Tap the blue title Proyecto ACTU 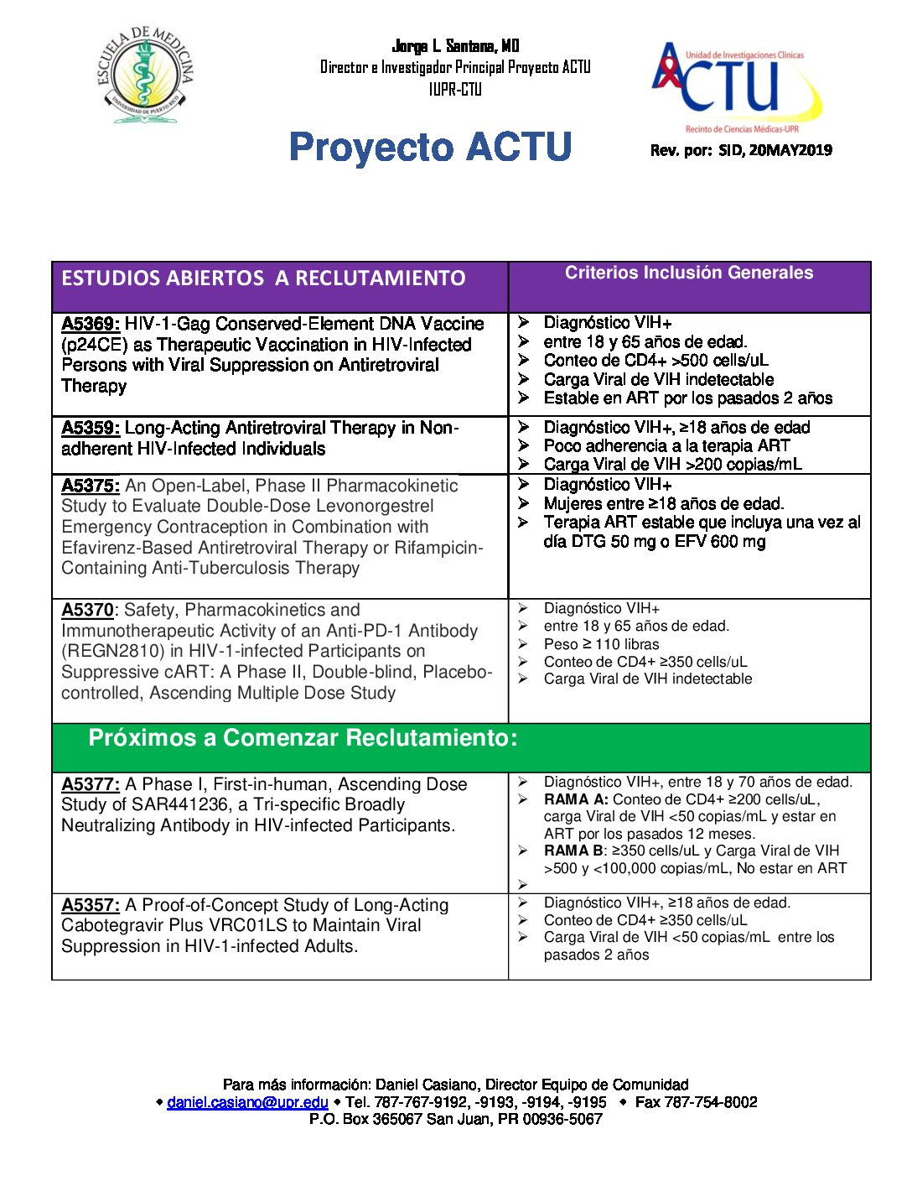point(430,148)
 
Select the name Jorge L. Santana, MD point(455,46)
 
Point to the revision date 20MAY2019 point(790,151)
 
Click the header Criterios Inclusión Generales point(688,273)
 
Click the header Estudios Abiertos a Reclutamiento point(263,278)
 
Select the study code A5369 point(91,324)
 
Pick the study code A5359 point(91,428)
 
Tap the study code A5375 point(91,486)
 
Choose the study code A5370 point(87,610)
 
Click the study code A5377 point(91,784)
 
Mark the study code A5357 point(91,905)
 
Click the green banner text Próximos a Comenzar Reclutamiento point(303,738)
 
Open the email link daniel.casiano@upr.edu point(247,1102)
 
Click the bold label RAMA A point(577,799)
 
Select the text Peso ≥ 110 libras point(601,644)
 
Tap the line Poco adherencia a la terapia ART point(666,445)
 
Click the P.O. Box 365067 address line point(455,1119)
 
